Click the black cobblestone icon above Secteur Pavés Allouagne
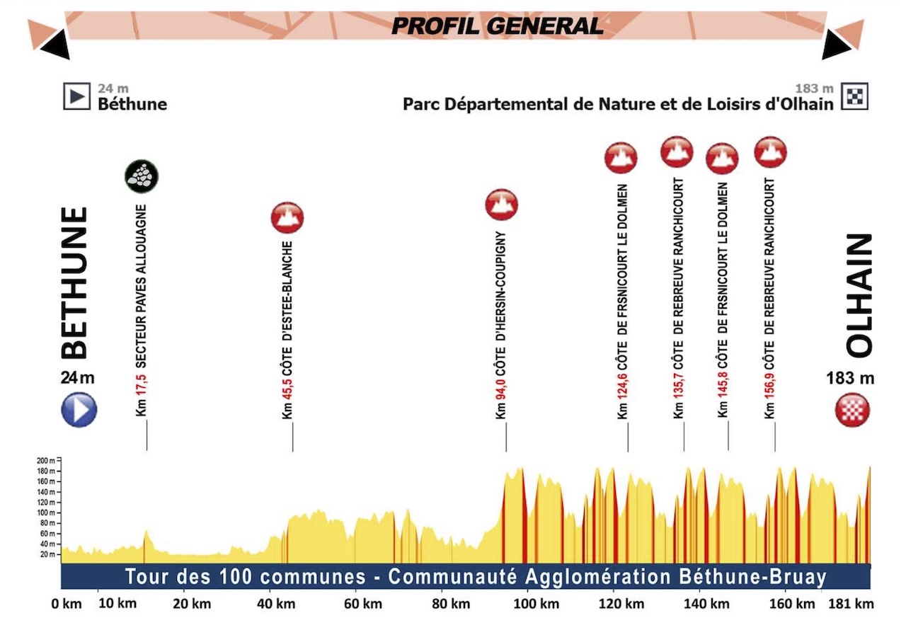(x=142, y=176)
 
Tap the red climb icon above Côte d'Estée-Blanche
(x=287, y=217)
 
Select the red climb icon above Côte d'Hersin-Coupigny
(x=501, y=205)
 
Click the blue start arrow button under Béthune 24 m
(x=79, y=410)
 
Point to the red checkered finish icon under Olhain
(x=851, y=410)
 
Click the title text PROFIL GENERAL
(x=498, y=26)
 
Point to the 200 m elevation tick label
(x=47, y=460)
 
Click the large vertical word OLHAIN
(x=859, y=296)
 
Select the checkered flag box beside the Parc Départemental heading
(x=854, y=97)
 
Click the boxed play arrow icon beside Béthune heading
(x=76, y=97)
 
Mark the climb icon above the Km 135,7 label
(x=676, y=151)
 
